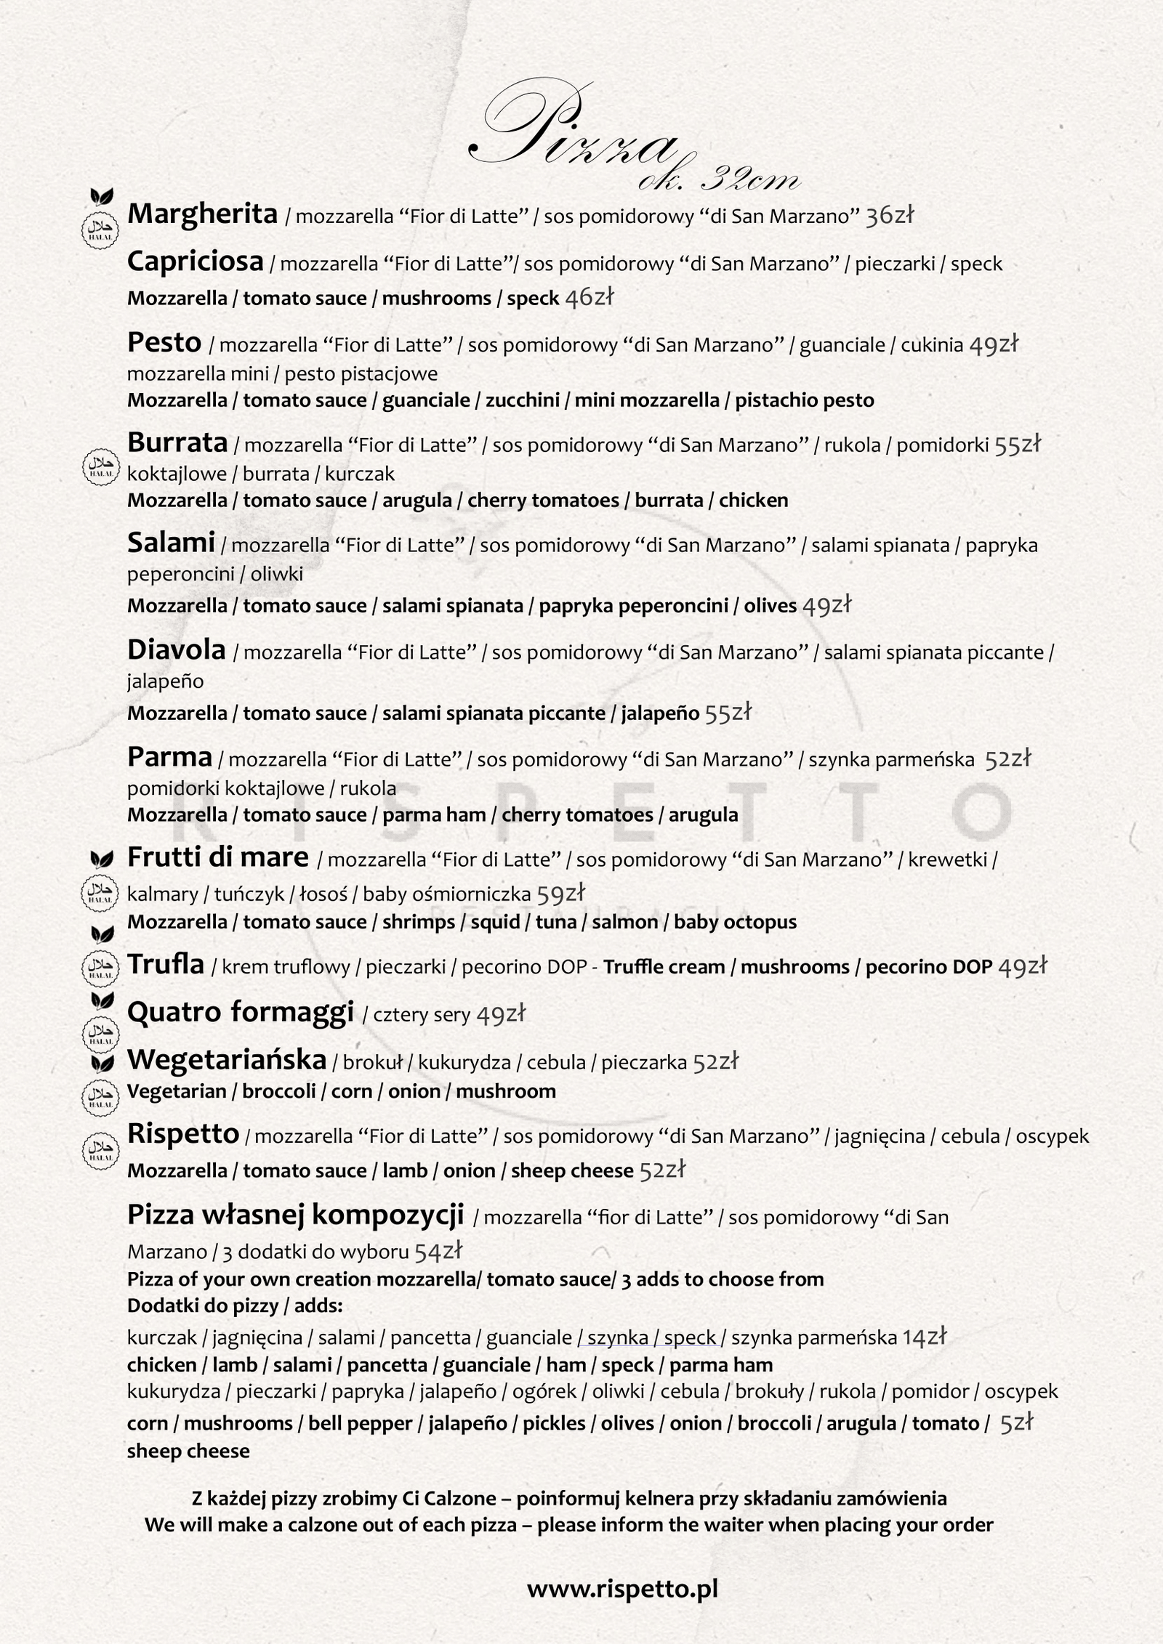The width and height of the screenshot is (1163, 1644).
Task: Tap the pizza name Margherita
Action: pyautogui.click(x=202, y=214)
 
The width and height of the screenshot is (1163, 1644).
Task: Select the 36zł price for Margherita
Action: pyautogui.click(x=889, y=215)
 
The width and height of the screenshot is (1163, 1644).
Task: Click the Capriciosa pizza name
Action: pyautogui.click(x=195, y=262)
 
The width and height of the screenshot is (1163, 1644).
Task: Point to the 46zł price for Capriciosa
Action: pyautogui.click(x=589, y=297)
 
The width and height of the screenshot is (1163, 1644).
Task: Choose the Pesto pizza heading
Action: pyautogui.click(x=164, y=342)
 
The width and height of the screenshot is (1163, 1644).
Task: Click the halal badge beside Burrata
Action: pyautogui.click(x=100, y=466)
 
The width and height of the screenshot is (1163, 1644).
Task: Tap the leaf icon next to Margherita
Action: pyautogui.click(x=101, y=195)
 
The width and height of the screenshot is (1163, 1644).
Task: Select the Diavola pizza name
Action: pyautogui.click(x=176, y=649)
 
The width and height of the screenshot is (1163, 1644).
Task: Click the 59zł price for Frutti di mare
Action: pyautogui.click(x=560, y=893)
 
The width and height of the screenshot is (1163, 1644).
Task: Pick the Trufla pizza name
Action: pyautogui.click(x=166, y=965)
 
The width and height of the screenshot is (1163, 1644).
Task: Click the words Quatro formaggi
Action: pyautogui.click(x=240, y=1011)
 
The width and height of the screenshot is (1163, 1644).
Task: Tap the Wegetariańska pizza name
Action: pyautogui.click(x=226, y=1060)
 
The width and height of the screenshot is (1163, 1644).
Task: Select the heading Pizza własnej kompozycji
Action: pyautogui.click(x=295, y=1214)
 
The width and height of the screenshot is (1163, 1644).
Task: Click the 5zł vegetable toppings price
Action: pyautogui.click(x=1016, y=1422)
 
